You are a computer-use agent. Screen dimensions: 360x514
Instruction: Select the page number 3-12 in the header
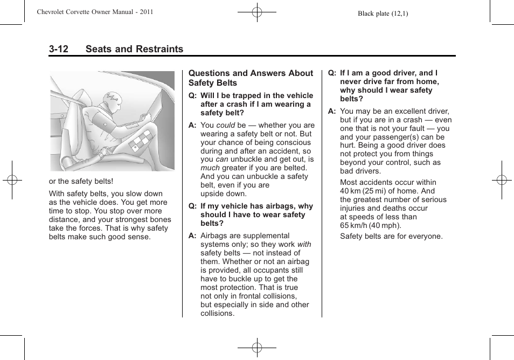59,49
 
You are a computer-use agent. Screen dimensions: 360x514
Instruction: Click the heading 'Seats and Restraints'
134,49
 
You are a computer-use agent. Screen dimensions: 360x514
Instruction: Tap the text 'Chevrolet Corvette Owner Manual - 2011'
95,12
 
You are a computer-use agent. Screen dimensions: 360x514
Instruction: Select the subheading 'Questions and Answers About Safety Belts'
251,78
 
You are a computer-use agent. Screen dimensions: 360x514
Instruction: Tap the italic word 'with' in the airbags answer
304,244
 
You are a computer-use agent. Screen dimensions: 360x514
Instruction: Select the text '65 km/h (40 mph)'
371,225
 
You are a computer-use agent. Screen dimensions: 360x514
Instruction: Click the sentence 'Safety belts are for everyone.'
391,236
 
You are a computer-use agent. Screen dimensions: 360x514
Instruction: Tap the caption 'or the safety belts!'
81,182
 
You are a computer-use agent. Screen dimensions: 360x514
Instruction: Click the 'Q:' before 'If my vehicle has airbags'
192,206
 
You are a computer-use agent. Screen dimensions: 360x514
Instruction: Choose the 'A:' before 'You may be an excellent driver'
332,111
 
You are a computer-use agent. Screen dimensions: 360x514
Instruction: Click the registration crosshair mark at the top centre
257,12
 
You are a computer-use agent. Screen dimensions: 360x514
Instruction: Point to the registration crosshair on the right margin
501,180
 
